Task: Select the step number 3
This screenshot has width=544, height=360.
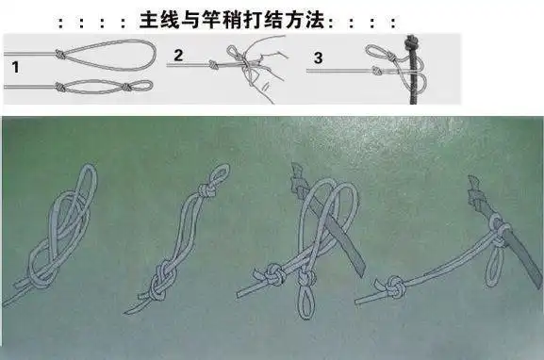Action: point(318,57)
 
